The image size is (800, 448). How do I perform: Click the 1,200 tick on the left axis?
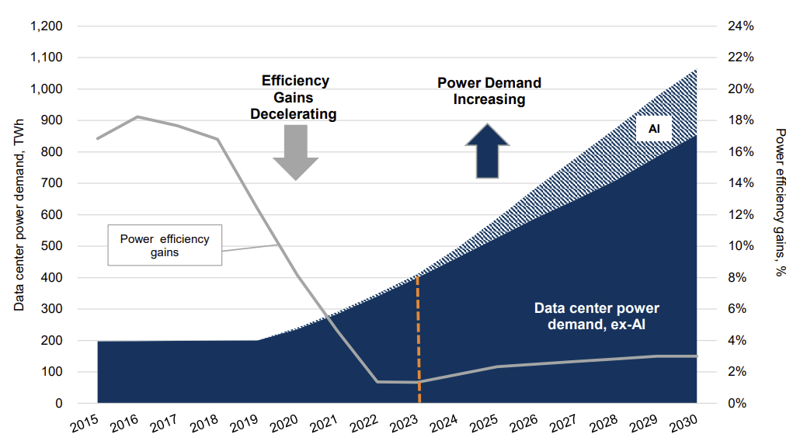tap(47, 26)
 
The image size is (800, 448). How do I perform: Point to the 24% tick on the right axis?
tap(741, 26)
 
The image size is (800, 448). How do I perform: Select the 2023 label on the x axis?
tap(404, 424)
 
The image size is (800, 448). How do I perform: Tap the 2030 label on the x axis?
tap(683, 424)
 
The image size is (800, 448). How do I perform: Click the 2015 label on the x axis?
tap(85, 424)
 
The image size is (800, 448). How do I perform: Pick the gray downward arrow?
tap(295, 152)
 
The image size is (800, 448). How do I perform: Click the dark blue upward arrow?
tap(487, 151)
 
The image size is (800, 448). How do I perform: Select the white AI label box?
tap(654, 129)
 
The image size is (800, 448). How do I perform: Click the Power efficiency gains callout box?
tap(165, 245)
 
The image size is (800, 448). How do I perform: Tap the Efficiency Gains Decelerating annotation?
tap(294, 98)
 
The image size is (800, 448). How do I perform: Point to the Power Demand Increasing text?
tap(489, 91)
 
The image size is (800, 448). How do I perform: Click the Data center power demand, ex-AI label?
tap(597, 316)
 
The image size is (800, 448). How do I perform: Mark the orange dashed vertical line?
tap(419, 339)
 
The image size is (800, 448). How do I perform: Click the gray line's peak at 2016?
tap(137, 116)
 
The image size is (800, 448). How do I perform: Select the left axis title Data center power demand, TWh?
tap(19, 215)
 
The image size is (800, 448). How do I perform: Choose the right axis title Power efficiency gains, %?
tap(780, 202)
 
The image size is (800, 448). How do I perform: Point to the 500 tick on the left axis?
tap(51, 246)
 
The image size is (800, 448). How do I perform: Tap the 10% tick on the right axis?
tap(741, 246)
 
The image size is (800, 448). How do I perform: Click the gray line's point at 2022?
tap(377, 382)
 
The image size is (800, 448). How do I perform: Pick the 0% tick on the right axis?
tap(737, 403)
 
